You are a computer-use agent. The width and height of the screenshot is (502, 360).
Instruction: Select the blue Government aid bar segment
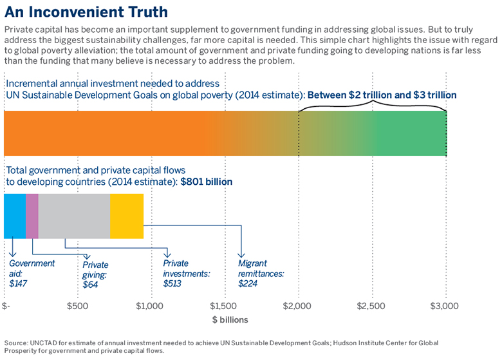pos(15,216)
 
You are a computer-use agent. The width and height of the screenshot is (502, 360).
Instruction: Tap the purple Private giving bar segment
pos(32,216)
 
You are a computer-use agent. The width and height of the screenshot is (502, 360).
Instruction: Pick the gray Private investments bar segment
pos(74,216)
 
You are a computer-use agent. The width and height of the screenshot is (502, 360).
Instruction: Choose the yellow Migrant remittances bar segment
pos(127,216)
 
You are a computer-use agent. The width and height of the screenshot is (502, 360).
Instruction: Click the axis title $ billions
pos(230,319)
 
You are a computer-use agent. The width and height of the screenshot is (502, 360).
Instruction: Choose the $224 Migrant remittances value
pos(248,283)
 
